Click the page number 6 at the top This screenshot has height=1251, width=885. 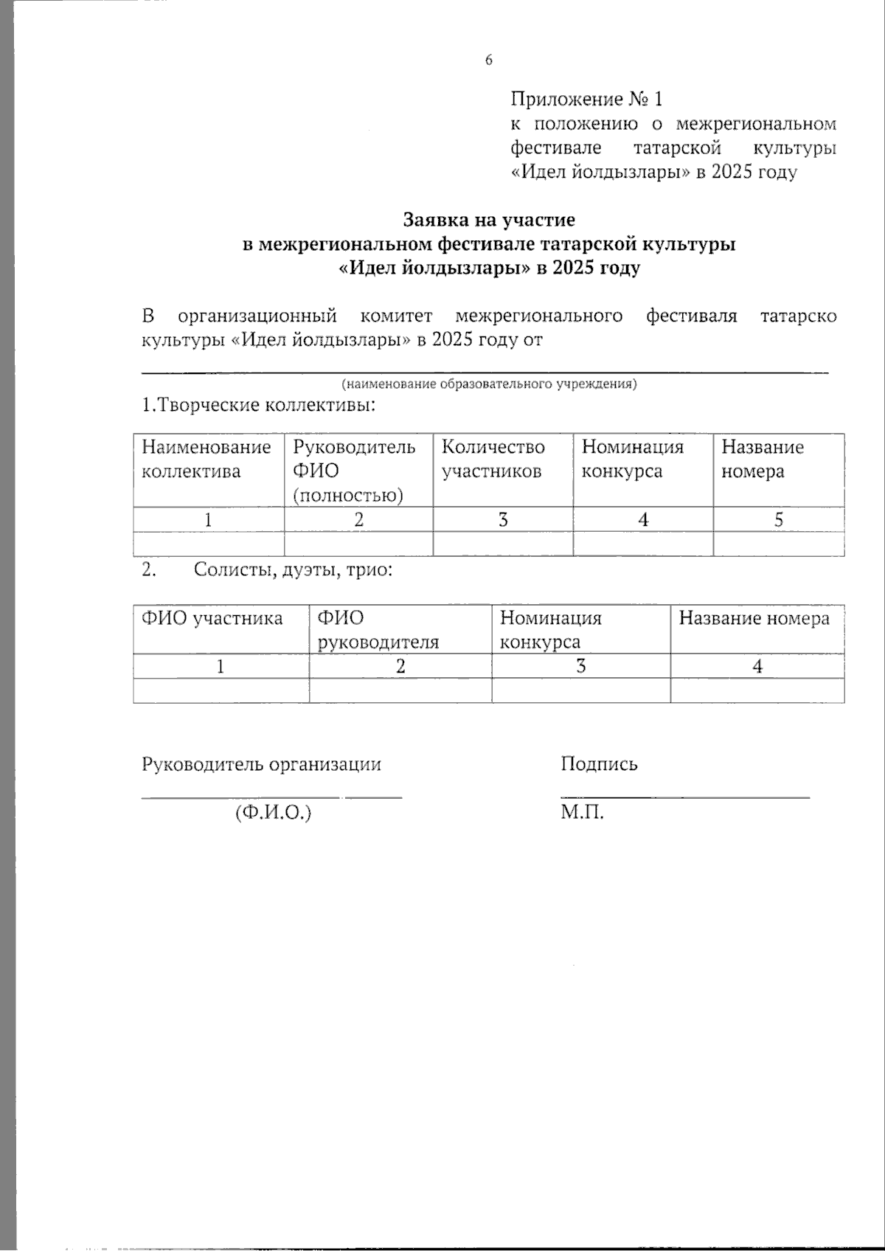[x=488, y=60]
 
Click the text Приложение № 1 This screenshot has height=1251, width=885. [x=587, y=99]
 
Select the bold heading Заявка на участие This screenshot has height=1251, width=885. [x=489, y=219]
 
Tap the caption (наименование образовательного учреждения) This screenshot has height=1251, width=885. [x=489, y=384]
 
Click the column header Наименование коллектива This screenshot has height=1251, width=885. [x=207, y=459]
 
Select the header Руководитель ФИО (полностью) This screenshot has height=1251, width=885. [x=355, y=471]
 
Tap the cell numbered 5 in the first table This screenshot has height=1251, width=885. [x=778, y=519]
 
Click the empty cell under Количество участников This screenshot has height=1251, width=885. [x=503, y=544]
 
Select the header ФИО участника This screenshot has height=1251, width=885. [x=212, y=618]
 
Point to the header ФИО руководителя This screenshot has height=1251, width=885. [x=378, y=629]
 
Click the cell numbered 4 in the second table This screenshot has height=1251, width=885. [x=757, y=666]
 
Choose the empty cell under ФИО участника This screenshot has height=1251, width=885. [x=221, y=690]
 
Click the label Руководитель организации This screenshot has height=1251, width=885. [x=262, y=764]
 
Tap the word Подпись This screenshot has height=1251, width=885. [x=599, y=764]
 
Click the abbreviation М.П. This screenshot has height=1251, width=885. [x=583, y=814]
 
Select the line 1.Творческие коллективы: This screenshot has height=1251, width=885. [x=259, y=406]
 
